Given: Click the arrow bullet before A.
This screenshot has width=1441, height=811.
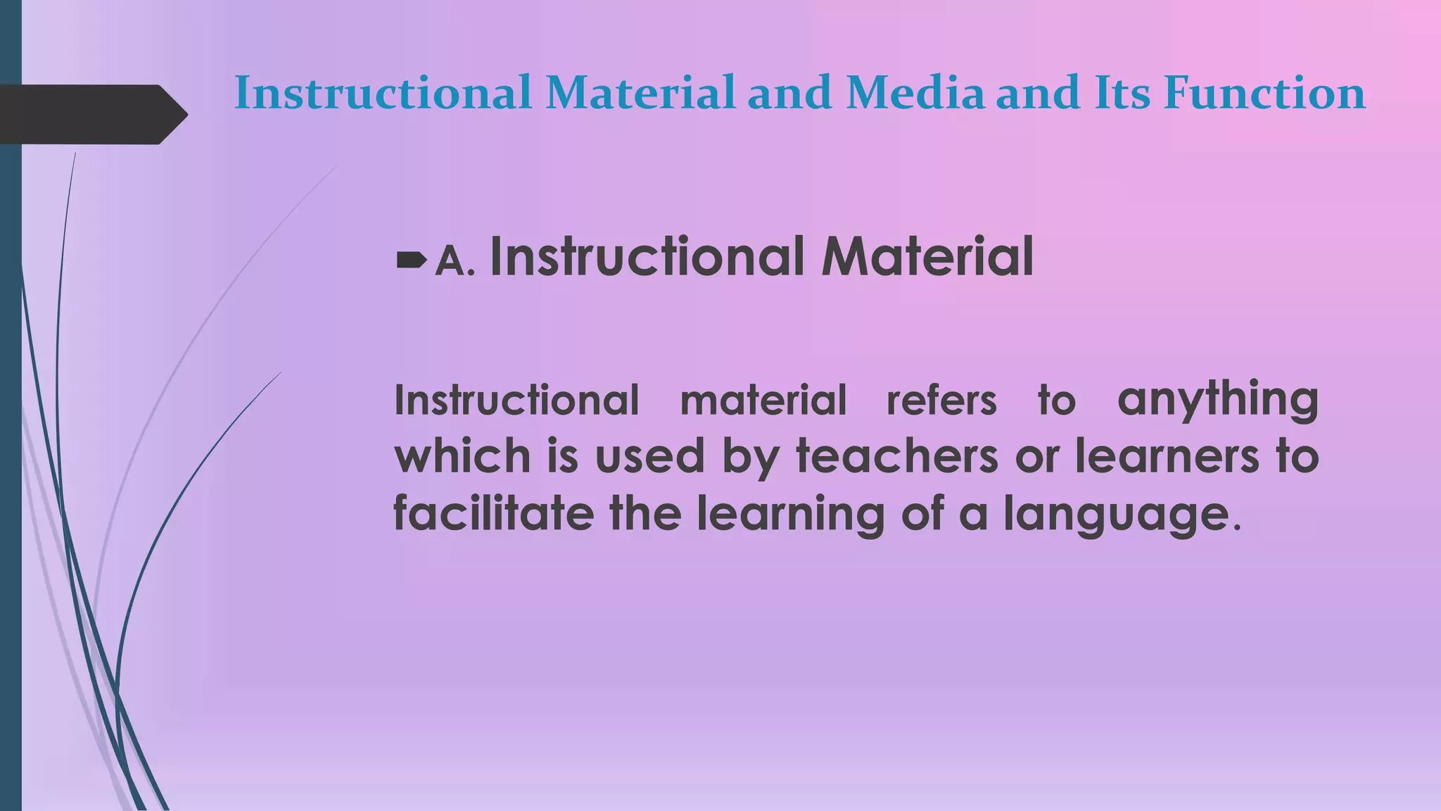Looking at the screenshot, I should [x=411, y=261].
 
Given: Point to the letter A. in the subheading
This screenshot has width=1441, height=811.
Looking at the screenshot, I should [x=454, y=262].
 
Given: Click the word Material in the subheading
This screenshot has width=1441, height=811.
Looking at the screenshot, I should [x=927, y=256].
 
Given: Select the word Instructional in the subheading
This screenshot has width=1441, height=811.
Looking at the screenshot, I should [x=647, y=256].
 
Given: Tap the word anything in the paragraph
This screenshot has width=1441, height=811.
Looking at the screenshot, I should [x=1217, y=400].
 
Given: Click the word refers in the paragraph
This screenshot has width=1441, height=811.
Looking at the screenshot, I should [x=941, y=401].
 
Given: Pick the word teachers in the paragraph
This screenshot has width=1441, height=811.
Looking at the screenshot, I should [x=897, y=455].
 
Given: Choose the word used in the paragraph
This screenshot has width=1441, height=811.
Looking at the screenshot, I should [x=649, y=455].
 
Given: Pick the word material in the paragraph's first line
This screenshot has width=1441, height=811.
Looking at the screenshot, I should [x=763, y=401].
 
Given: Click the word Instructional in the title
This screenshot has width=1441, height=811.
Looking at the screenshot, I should [x=383, y=93].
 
